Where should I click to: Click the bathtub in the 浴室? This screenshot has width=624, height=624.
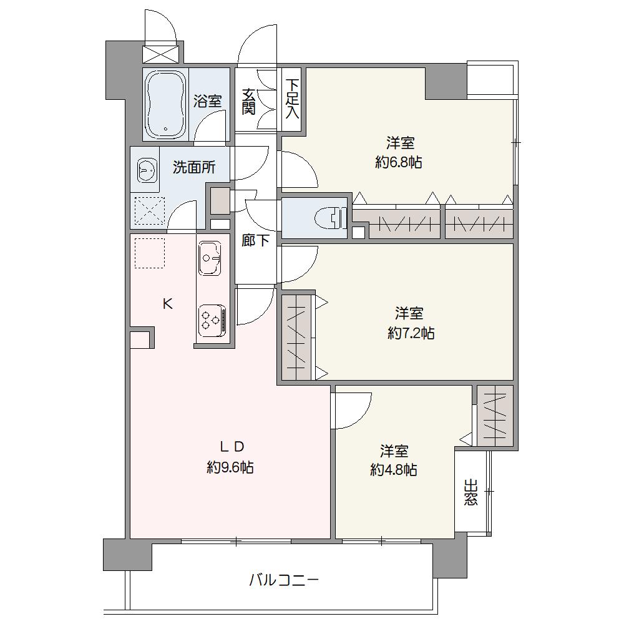click(x=166, y=104)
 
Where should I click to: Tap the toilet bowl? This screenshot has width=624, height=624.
click(x=330, y=218)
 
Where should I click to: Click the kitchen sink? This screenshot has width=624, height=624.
click(x=209, y=258)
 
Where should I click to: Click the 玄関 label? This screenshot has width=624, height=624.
click(x=249, y=102)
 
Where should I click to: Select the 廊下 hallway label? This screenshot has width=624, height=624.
click(x=255, y=240)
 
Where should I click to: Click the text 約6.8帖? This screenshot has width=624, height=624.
click(x=398, y=162)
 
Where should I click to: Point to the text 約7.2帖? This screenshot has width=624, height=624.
click(x=411, y=333)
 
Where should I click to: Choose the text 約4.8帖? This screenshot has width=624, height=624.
click(x=394, y=470)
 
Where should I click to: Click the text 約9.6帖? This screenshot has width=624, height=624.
click(x=230, y=467)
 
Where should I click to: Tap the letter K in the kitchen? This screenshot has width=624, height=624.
click(x=167, y=304)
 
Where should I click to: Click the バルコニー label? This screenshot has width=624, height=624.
click(x=284, y=580)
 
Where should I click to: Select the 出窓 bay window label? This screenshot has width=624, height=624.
click(x=470, y=492)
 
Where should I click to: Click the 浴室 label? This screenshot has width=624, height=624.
click(x=207, y=100)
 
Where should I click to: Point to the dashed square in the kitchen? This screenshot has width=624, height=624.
click(x=149, y=253)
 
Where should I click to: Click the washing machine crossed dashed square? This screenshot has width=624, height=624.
click(x=149, y=211)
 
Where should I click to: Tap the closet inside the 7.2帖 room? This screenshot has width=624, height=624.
click(x=296, y=337)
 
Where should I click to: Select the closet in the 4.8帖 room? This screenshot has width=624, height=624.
click(x=495, y=416)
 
